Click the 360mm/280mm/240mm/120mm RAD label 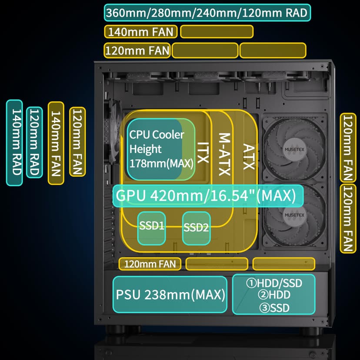point(207,13)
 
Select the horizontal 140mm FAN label point(141,32)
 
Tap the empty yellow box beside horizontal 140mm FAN point(217,32)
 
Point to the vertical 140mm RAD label point(14,143)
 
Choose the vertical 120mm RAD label point(34,143)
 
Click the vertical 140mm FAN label point(56,143)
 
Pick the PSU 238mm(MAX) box point(170,295)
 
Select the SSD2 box point(197,227)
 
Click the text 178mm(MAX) point(162,164)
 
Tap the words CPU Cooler point(157,134)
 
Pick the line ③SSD point(274,308)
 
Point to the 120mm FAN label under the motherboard point(150,263)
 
